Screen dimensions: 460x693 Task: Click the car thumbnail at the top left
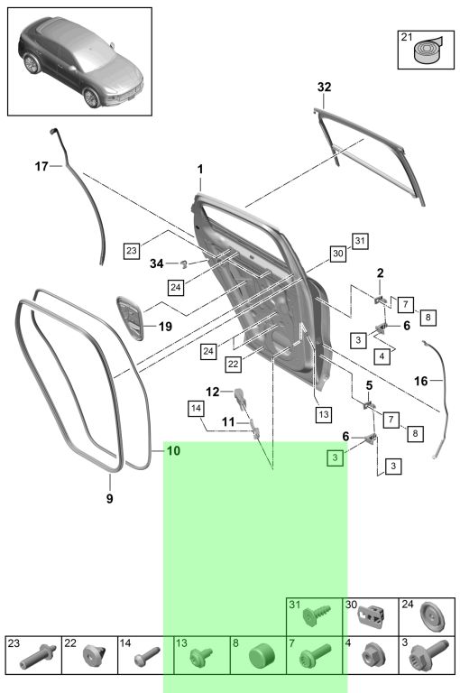point(80,62)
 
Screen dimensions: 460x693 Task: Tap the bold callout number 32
point(324,87)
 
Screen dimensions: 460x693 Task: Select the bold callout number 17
point(41,166)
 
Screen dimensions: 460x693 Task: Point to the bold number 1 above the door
point(200,170)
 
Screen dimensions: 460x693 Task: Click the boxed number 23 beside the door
point(132,251)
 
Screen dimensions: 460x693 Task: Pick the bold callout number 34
point(156,263)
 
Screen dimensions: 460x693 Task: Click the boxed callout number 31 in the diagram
point(360,241)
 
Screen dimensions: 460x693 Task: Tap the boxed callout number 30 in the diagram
point(338,254)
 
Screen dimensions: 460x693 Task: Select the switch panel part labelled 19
point(131,318)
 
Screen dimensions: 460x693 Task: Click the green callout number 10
point(174,451)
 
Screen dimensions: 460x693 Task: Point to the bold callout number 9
point(109,498)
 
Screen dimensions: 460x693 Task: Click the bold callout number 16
point(420,381)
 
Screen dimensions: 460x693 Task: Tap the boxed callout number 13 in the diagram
point(324,414)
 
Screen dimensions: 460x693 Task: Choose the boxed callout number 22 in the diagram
point(233,365)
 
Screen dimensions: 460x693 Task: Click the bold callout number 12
point(213,392)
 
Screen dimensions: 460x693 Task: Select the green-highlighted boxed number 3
point(335,457)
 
